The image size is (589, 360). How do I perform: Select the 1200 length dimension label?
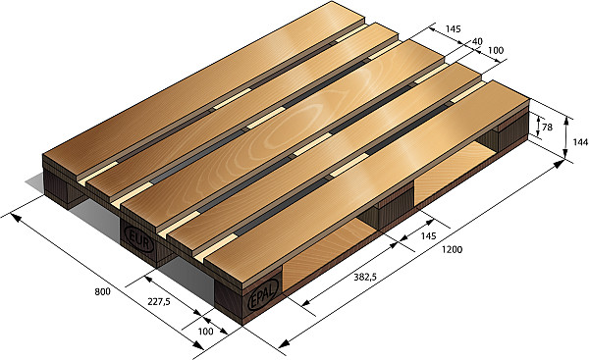452,250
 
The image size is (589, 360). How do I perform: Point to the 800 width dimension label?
102,291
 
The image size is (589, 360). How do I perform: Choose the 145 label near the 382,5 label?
428,236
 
